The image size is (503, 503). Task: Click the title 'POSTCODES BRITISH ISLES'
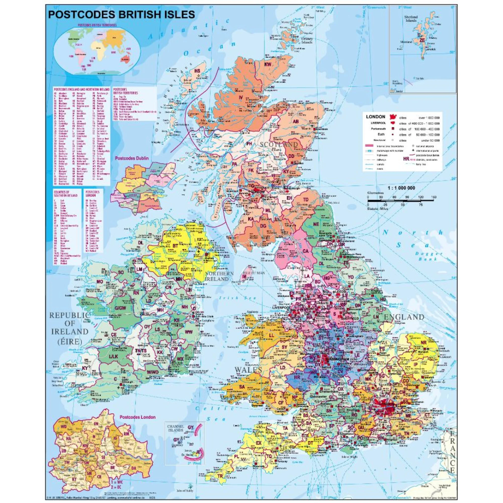[x=121, y=14]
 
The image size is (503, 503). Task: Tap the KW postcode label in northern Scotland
[x=268, y=64]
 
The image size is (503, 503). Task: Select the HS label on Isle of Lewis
[x=198, y=71]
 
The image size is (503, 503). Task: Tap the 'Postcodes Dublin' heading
[x=132, y=158]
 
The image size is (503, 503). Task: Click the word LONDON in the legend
[x=375, y=117]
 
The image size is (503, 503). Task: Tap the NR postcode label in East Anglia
[x=424, y=343]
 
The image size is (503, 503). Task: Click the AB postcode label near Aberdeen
[x=296, y=121]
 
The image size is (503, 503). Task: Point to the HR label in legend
[x=406, y=158]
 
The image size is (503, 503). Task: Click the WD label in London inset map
[x=63, y=427]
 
